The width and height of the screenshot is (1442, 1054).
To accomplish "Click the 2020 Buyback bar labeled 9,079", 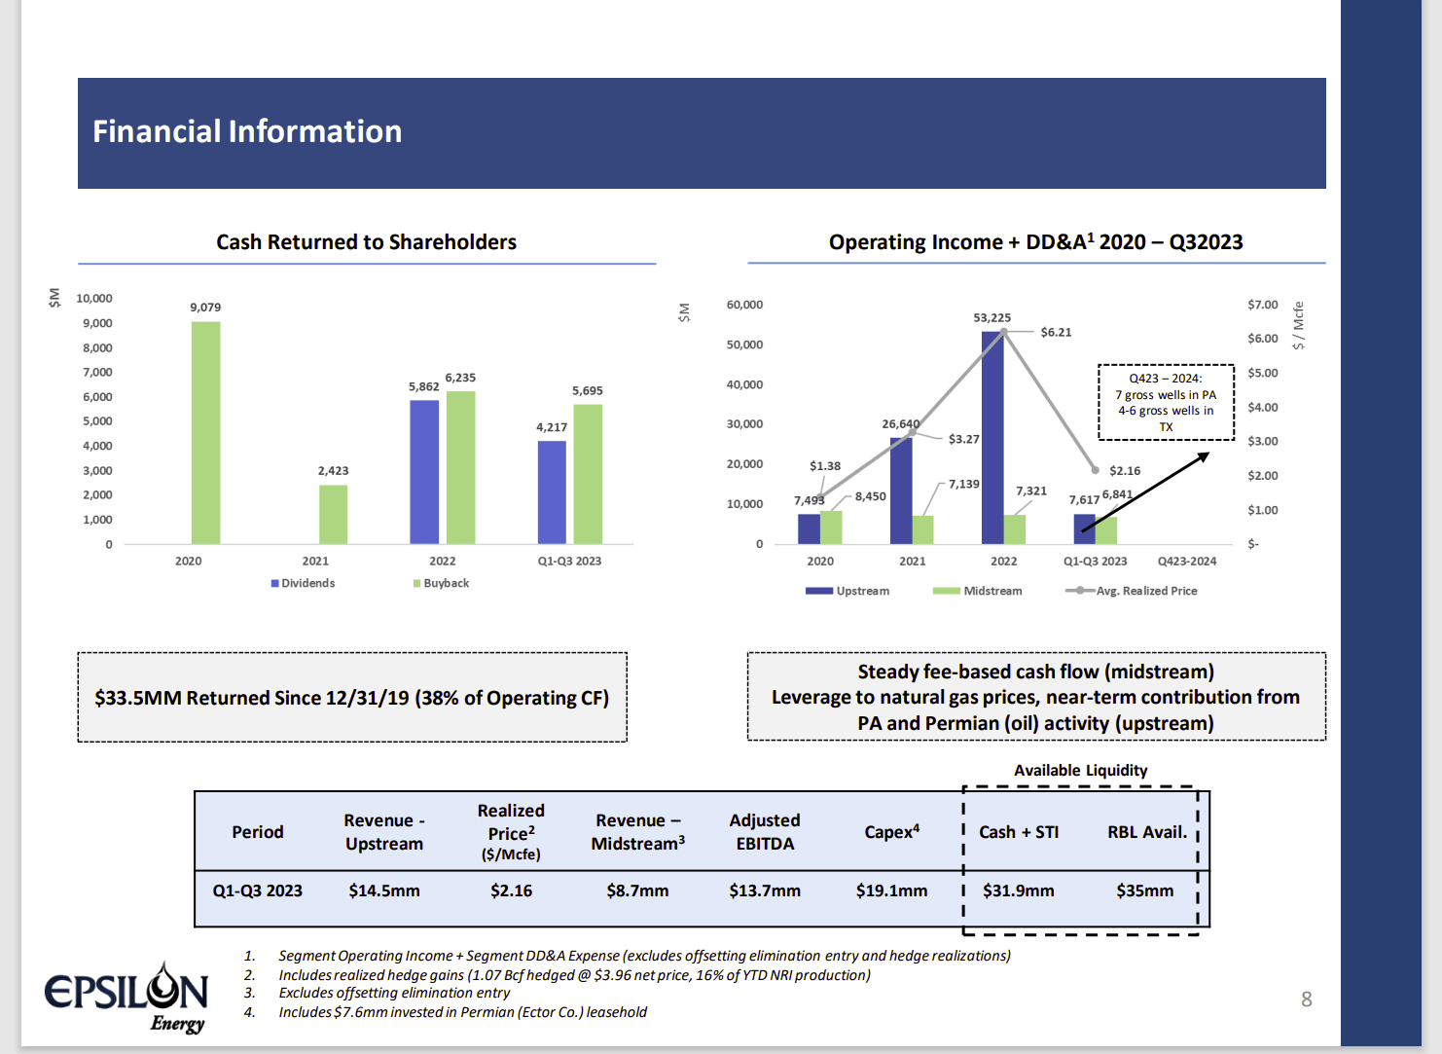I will [205, 433].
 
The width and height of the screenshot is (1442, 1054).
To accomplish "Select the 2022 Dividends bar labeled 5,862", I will [424, 472].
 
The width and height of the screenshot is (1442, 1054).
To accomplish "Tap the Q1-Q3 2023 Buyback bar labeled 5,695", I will [588, 474].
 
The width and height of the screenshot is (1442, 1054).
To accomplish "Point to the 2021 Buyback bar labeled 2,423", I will [333, 514].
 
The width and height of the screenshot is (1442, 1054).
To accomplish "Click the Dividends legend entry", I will [303, 583].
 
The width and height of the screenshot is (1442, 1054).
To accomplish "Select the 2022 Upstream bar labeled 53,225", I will [992, 438].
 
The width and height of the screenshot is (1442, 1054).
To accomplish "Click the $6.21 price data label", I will [1056, 332].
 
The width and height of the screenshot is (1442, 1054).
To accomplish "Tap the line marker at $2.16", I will [1096, 470].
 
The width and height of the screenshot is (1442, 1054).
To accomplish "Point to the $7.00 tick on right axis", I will [1262, 305].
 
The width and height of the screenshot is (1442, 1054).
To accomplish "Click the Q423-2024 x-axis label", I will [1187, 562].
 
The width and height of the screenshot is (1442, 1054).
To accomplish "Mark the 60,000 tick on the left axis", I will [744, 305].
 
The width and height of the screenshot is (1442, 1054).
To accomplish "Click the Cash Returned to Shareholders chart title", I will [366, 242].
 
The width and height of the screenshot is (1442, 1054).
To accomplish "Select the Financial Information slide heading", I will [247, 131].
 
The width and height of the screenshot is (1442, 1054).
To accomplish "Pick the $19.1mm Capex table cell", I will [891, 890].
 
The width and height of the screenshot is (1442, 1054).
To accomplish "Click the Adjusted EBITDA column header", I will [765, 832].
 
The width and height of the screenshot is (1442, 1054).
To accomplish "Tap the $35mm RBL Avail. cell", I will [1145, 890].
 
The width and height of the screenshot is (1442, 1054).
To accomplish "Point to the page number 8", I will [1306, 999].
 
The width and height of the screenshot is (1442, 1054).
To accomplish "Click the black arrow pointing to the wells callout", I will [1145, 492].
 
